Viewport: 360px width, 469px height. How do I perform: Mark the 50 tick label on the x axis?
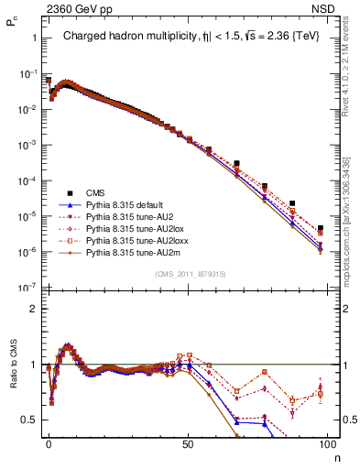(x=188, y=443)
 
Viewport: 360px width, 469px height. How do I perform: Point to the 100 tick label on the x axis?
(x=328, y=443)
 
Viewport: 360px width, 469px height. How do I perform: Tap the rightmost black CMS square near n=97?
(x=321, y=229)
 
